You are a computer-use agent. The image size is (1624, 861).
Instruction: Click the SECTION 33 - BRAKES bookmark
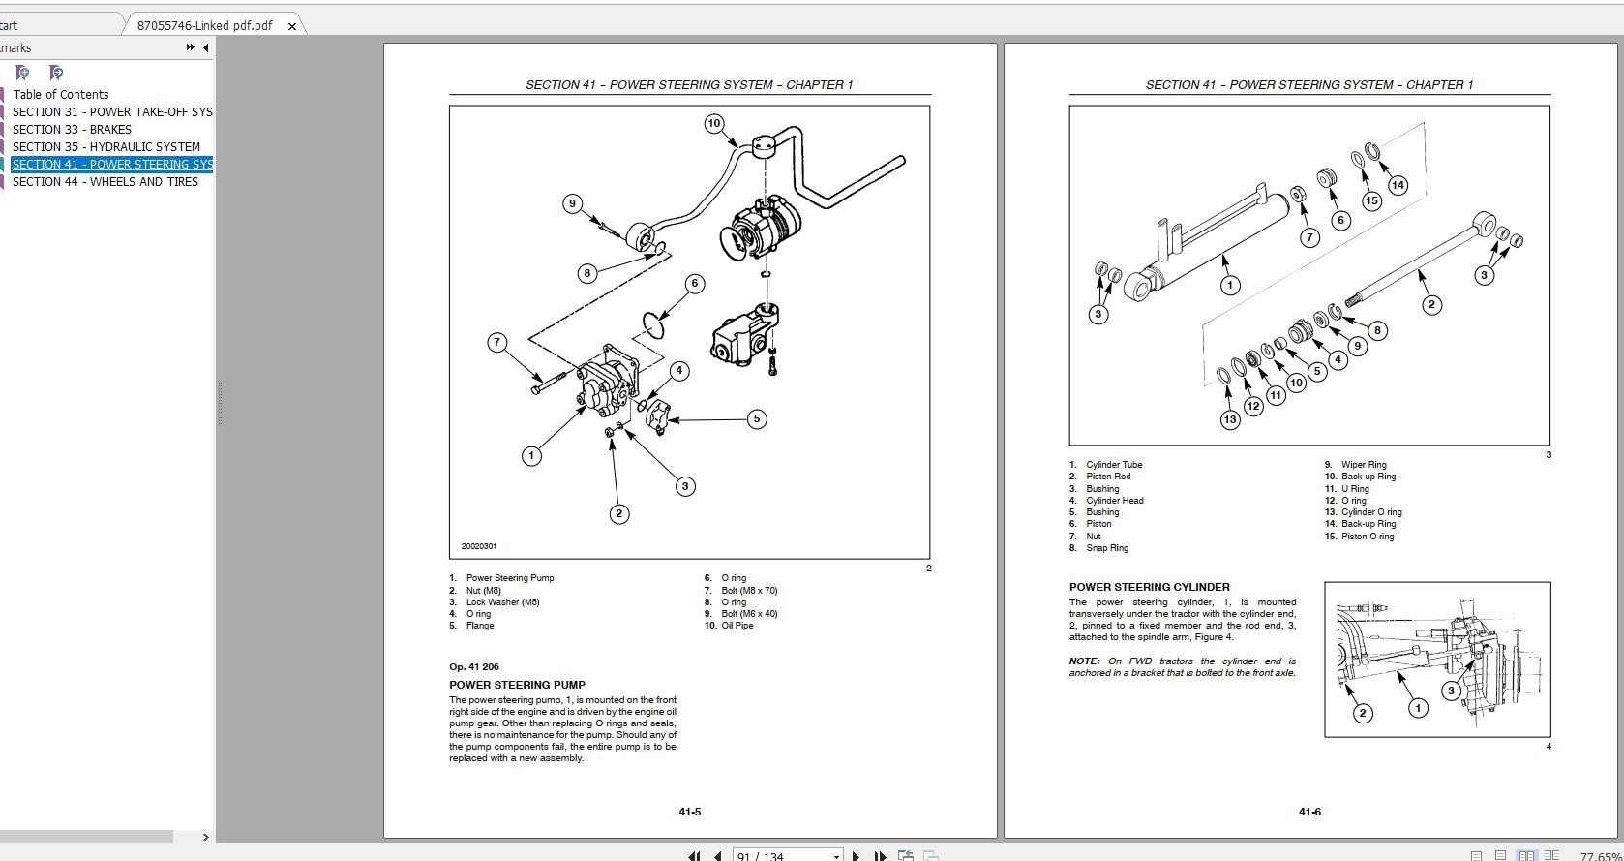pyautogui.click(x=72, y=129)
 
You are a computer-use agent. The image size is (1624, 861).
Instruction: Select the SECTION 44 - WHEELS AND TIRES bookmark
pyautogui.click(x=105, y=181)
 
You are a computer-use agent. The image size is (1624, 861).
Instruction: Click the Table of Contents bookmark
pyautogui.click(x=60, y=94)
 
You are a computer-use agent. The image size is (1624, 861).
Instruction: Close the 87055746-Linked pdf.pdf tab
pyautogui.click(x=292, y=26)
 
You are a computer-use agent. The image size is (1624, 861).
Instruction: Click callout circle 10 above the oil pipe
pyautogui.click(x=714, y=123)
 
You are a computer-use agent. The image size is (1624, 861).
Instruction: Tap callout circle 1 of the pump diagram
pyautogui.click(x=531, y=455)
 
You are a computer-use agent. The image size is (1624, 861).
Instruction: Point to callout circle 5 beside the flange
pyautogui.click(x=757, y=418)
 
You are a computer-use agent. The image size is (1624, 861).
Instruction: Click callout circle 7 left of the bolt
pyautogui.click(x=497, y=342)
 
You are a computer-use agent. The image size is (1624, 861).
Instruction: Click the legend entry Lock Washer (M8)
pyautogui.click(x=502, y=602)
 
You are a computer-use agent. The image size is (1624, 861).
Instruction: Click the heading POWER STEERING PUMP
pyautogui.click(x=517, y=685)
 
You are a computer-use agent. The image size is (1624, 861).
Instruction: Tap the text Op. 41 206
pyautogui.click(x=474, y=666)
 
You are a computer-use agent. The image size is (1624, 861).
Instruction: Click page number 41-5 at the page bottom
pyautogui.click(x=689, y=812)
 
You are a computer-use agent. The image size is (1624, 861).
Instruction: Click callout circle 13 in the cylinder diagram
pyautogui.click(x=1230, y=419)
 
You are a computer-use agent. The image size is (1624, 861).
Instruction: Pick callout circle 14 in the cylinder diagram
pyautogui.click(x=1397, y=185)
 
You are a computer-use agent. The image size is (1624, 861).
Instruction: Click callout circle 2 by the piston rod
pyautogui.click(x=1431, y=304)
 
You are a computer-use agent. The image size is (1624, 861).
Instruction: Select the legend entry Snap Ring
pyautogui.click(x=1106, y=548)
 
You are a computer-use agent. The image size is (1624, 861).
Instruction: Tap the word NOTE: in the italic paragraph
pyautogui.click(x=1085, y=661)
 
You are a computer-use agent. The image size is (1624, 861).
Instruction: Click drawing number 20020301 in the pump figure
pyautogui.click(x=479, y=546)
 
